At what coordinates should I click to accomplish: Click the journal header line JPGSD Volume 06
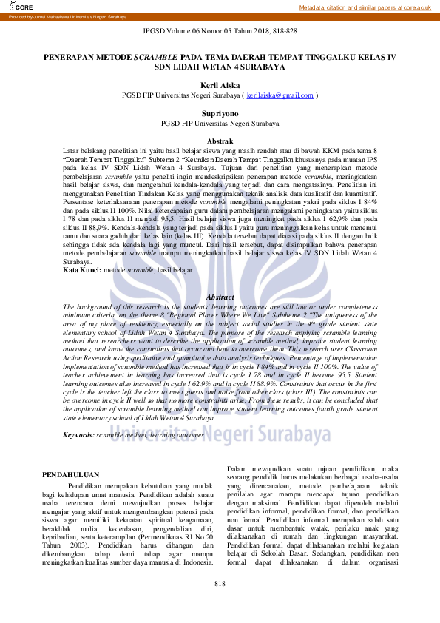(x=220, y=32)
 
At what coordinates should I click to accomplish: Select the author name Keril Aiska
(x=220, y=86)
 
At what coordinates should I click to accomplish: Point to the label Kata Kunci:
(x=82, y=271)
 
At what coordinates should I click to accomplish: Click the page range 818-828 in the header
(x=282, y=32)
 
